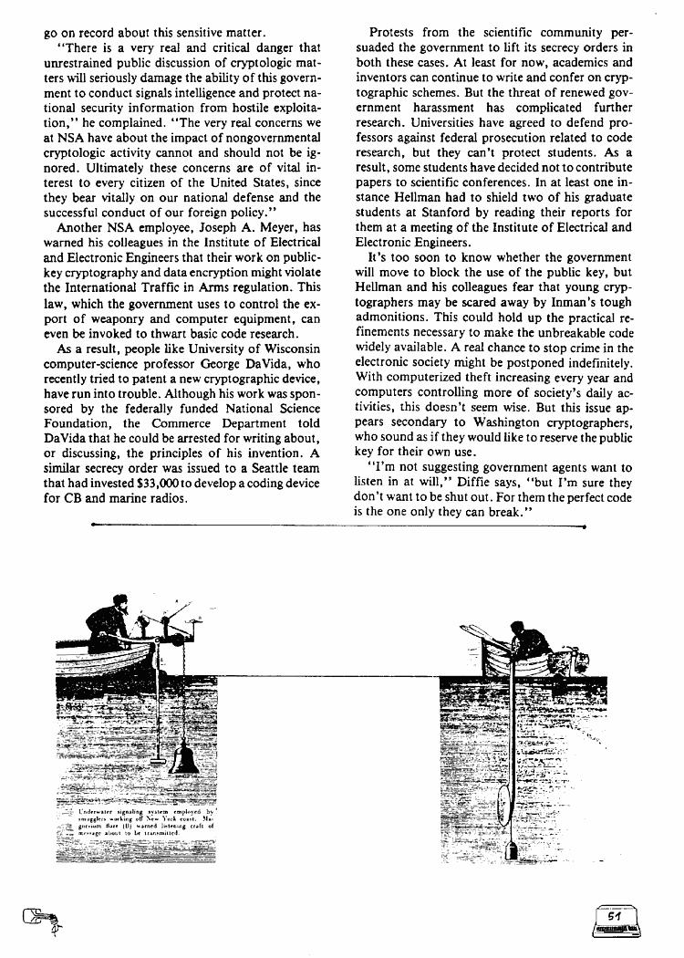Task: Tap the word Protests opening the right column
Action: [396, 32]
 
